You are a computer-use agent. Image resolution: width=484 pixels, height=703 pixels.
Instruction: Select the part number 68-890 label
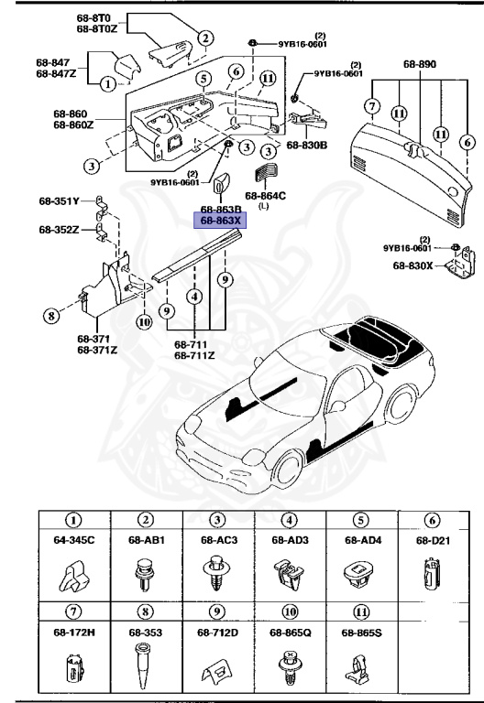click(420, 65)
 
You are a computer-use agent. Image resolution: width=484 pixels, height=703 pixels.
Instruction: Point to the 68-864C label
click(265, 195)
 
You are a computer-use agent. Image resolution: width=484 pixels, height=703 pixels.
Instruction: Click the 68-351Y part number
click(59, 200)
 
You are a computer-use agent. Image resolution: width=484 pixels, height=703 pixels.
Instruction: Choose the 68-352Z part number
click(59, 229)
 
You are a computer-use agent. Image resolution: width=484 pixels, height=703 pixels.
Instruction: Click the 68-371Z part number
click(96, 350)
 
